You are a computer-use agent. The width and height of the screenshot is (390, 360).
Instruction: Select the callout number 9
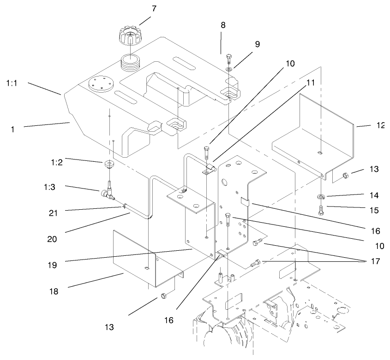257,44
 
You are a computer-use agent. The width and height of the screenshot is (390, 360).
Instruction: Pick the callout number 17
375,261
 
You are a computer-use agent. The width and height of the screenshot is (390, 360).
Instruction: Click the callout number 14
374,195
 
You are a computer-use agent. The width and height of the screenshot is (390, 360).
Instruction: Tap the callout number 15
374,211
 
